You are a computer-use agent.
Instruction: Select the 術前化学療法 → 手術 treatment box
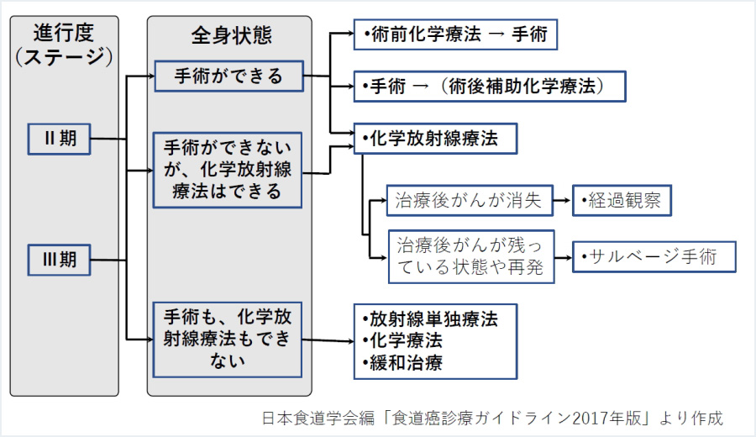[454, 35]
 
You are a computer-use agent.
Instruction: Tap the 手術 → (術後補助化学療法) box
[490, 87]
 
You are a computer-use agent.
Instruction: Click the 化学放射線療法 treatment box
[434, 139]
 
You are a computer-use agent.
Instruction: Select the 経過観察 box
[622, 201]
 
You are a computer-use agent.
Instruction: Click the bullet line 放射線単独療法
[433, 320]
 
